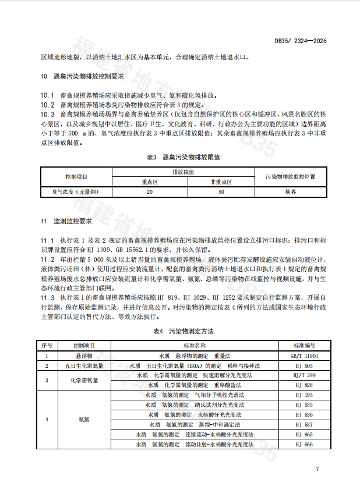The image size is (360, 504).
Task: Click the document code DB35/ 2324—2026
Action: click(300, 41)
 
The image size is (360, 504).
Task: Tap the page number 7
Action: click(317, 468)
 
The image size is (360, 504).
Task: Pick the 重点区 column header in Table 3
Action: click(150, 182)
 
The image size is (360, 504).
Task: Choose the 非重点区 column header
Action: click(221, 182)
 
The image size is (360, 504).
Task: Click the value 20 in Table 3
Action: click(150, 191)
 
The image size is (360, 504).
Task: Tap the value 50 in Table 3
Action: click(221, 191)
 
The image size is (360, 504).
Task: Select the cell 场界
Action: click(290, 191)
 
